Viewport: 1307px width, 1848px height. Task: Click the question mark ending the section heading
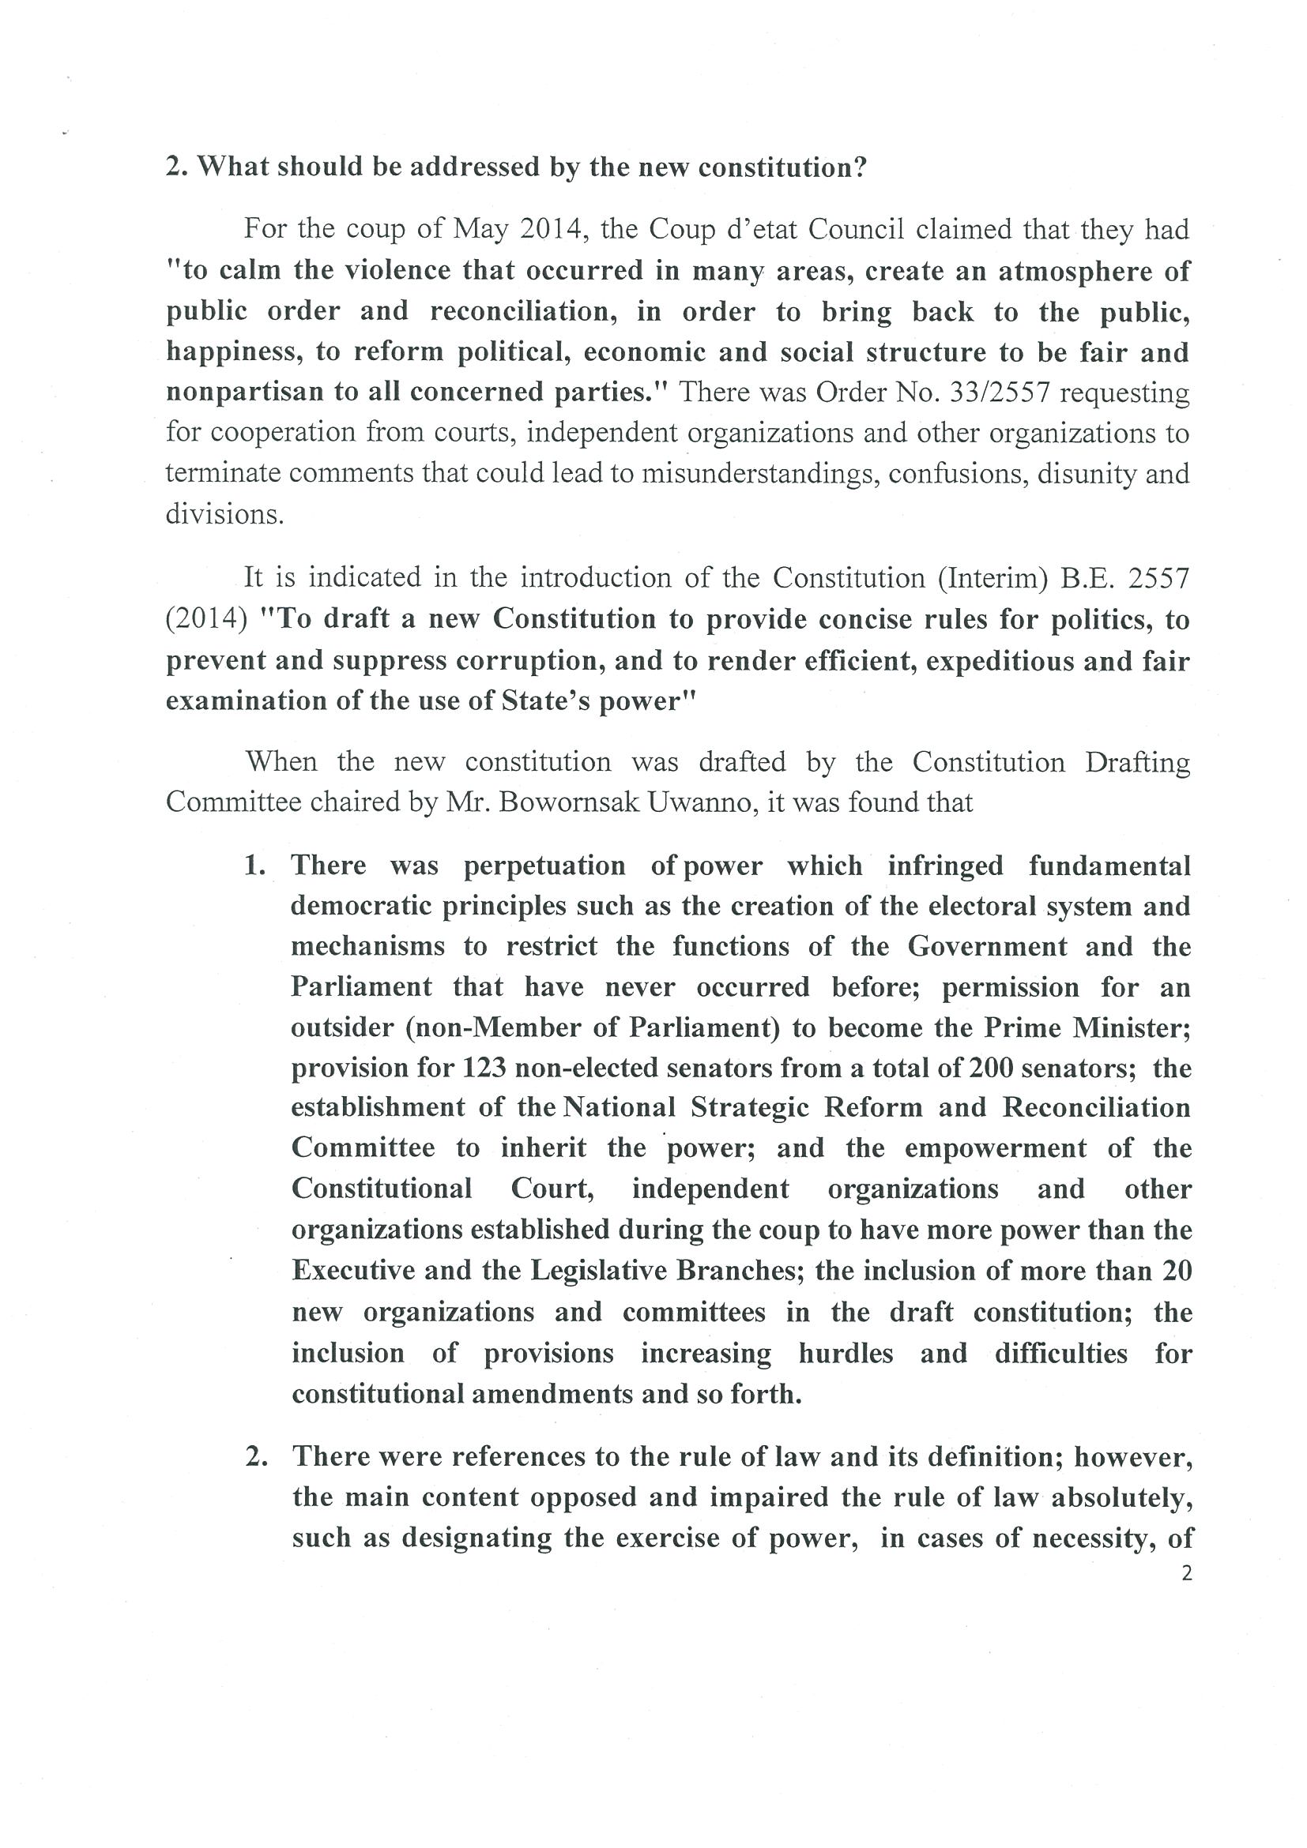pyautogui.click(x=860, y=167)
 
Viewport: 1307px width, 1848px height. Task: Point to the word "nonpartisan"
pyautogui.click(x=239, y=393)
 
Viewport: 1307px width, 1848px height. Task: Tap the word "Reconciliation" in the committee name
pyautogui.click(x=1096, y=1108)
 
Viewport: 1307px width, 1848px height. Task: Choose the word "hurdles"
pyautogui.click(x=846, y=1353)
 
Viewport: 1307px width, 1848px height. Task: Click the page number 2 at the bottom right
pyautogui.click(x=1185, y=1573)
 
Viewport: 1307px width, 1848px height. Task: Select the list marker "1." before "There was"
pyautogui.click(x=254, y=866)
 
